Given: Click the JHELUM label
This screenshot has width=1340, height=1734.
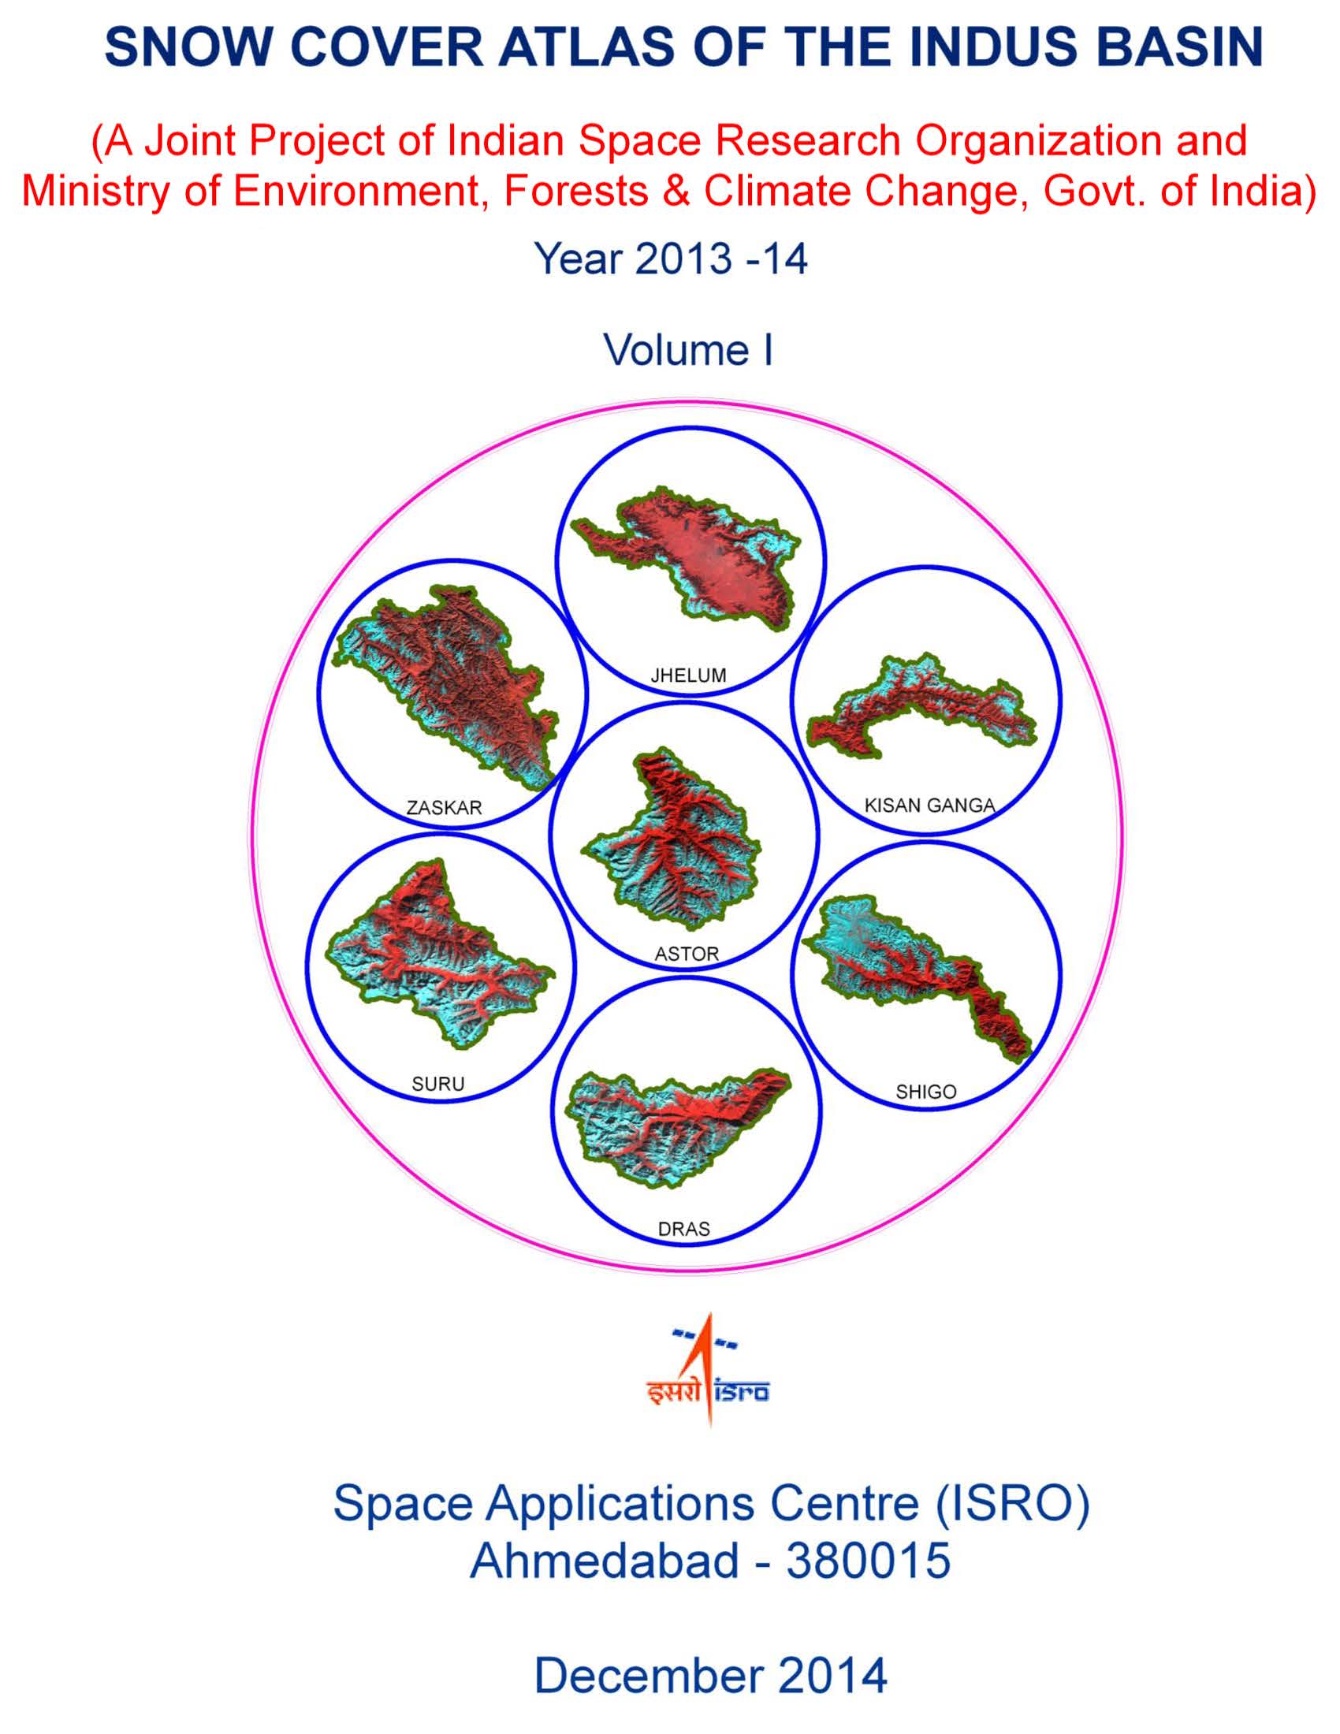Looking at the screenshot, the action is [687, 675].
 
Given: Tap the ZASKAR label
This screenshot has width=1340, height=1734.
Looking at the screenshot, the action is [444, 808].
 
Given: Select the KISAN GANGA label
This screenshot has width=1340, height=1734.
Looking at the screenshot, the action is [929, 806].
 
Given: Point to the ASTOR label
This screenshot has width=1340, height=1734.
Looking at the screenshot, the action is [687, 954].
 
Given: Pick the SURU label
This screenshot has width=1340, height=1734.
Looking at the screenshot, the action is [437, 1084].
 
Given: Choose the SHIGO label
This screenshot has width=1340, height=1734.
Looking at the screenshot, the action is [925, 1092].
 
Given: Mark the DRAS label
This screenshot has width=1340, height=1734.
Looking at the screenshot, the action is [683, 1230].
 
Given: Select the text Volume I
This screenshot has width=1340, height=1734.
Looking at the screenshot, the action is [687, 349].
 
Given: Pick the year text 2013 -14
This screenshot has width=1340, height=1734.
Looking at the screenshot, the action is [720, 259].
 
